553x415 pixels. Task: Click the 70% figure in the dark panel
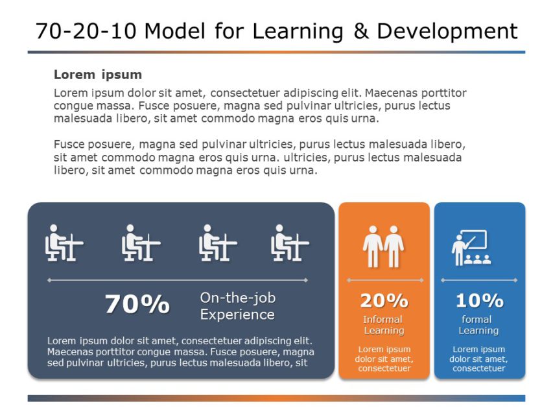pos(137,304)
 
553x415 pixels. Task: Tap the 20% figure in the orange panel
pos(384,301)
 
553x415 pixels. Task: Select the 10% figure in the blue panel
pos(479,301)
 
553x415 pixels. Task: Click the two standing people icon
pos(384,246)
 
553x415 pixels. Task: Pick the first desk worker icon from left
pos(64,243)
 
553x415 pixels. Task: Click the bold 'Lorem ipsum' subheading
pos(98,75)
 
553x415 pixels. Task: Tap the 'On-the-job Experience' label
pos(237,306)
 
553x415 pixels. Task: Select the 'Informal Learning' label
pos(384,325)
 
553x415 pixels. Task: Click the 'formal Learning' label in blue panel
pos(478,325)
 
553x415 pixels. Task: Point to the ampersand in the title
pos(361,31)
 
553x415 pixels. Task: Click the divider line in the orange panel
pos(384,280)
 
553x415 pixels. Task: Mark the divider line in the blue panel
pos(479,280)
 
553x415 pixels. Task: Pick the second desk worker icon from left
pos(141,243)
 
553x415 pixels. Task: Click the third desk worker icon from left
pos(217,243)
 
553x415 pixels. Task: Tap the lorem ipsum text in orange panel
pos(384,359)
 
